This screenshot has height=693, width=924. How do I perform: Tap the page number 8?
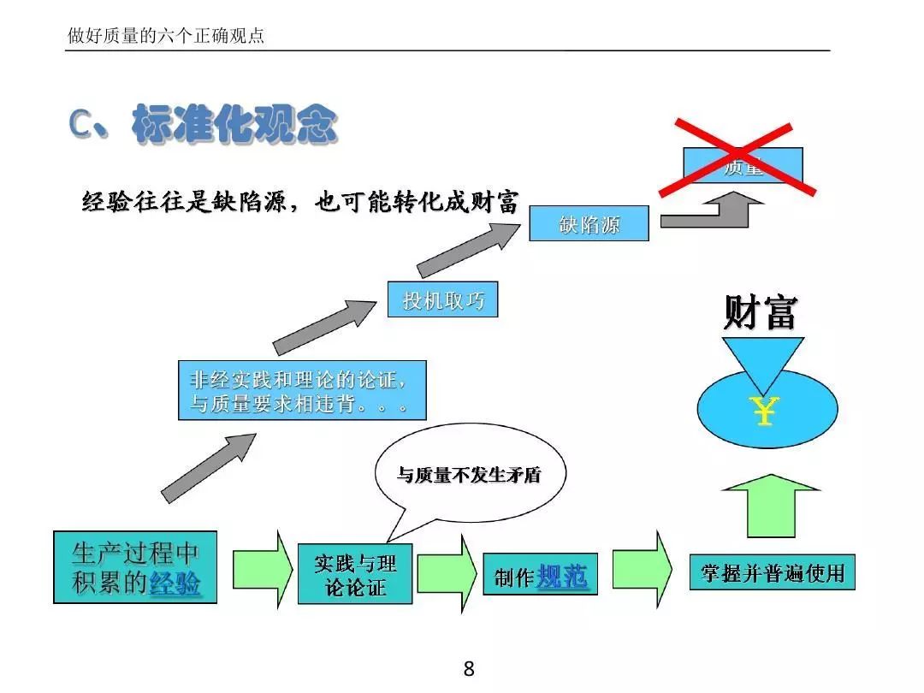[468, 669]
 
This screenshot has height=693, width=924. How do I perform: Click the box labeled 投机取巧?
[442, 300]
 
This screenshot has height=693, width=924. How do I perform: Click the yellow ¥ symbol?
[763, 411]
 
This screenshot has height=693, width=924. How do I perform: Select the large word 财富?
[761, 312]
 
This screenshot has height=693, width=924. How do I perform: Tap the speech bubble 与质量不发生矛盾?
[470, 476]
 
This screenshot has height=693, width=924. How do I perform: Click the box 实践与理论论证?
[355, 574]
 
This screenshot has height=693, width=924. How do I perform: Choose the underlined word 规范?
[562, 577]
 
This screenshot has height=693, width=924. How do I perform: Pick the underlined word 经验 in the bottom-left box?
[175, 583]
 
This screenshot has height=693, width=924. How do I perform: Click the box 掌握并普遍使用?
[773, 572]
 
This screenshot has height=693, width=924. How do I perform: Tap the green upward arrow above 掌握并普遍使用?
[771, 505]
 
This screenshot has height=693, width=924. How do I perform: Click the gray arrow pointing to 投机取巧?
[324, 326]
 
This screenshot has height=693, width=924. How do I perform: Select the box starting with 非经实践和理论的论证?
[302, 390]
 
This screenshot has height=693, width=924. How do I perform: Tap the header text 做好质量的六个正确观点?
[166, 37]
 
